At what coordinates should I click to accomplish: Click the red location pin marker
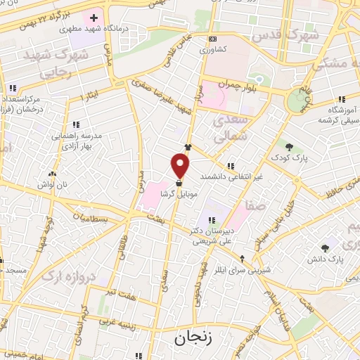tap(181, 165)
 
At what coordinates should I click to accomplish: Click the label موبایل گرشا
tap(181, 194)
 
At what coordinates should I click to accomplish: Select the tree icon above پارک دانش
tap(324, 247)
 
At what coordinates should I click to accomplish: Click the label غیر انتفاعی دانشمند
tap(231, 176)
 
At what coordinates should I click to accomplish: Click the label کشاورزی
tap(213, 51)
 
